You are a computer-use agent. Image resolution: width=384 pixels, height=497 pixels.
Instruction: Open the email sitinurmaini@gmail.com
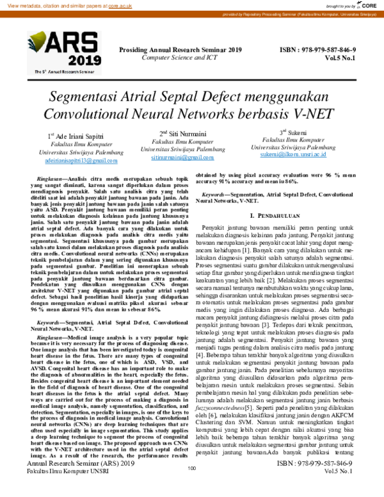(x=182, y=157)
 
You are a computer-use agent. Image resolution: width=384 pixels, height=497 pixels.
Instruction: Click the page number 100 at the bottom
(x=191, y=486)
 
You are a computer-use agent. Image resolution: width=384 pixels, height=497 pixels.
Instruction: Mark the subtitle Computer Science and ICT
(x=180, y=57)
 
